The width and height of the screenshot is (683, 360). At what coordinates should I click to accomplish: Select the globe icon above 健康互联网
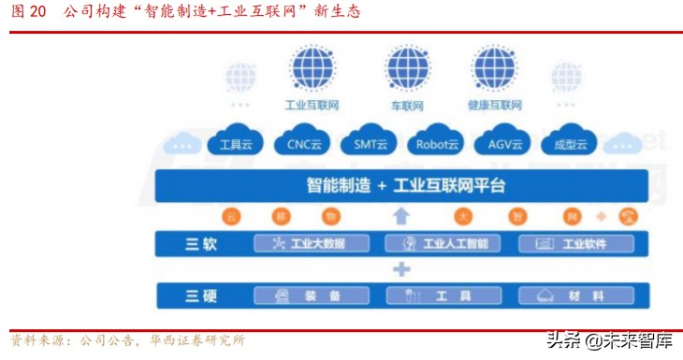493,67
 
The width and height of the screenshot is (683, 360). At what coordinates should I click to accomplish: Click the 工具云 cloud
236,142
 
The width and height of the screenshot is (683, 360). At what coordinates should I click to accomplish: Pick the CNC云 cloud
302,142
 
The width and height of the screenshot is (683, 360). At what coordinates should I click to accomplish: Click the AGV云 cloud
503,142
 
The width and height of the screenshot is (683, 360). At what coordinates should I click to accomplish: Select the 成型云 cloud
569,142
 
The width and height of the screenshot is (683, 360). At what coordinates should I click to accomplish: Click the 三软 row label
201,244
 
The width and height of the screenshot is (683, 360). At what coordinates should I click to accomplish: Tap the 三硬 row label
201,296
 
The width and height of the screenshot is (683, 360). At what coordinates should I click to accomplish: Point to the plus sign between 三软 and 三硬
401,270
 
